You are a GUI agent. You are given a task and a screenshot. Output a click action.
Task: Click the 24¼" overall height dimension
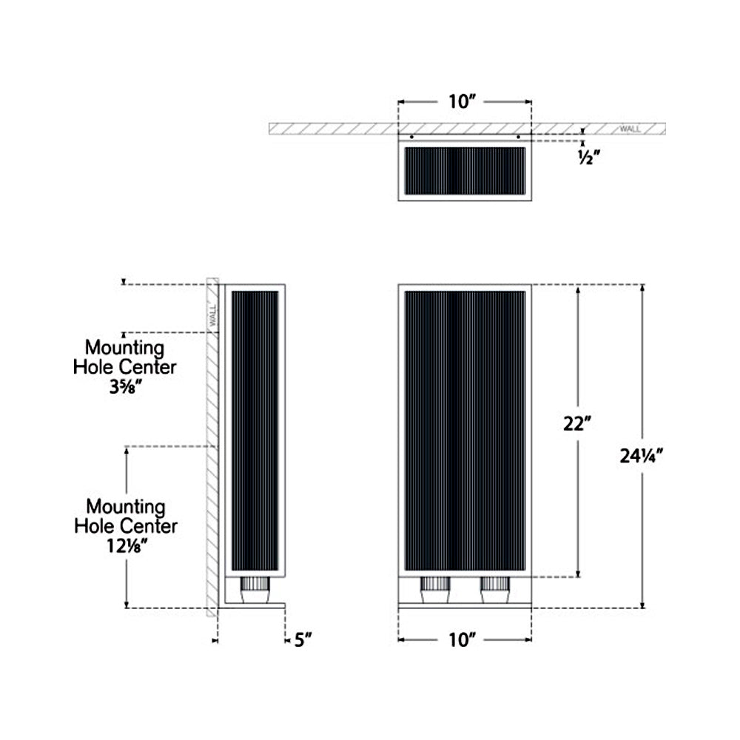point(640,456)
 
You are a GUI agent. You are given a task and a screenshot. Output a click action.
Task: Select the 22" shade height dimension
point(577,424)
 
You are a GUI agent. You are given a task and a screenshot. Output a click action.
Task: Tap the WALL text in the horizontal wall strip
point(630,129)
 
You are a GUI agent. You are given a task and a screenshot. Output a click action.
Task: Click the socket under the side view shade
point(255,591)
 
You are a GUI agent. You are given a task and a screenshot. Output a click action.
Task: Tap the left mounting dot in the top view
point(411,137)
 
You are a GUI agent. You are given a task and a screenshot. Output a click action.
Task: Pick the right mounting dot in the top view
point(519,137)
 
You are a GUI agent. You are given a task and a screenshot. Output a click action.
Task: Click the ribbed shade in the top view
point(465,170)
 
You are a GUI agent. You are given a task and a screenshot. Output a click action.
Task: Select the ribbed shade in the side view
point(255,429)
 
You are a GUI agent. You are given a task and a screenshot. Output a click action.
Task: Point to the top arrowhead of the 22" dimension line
point(578,289)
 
